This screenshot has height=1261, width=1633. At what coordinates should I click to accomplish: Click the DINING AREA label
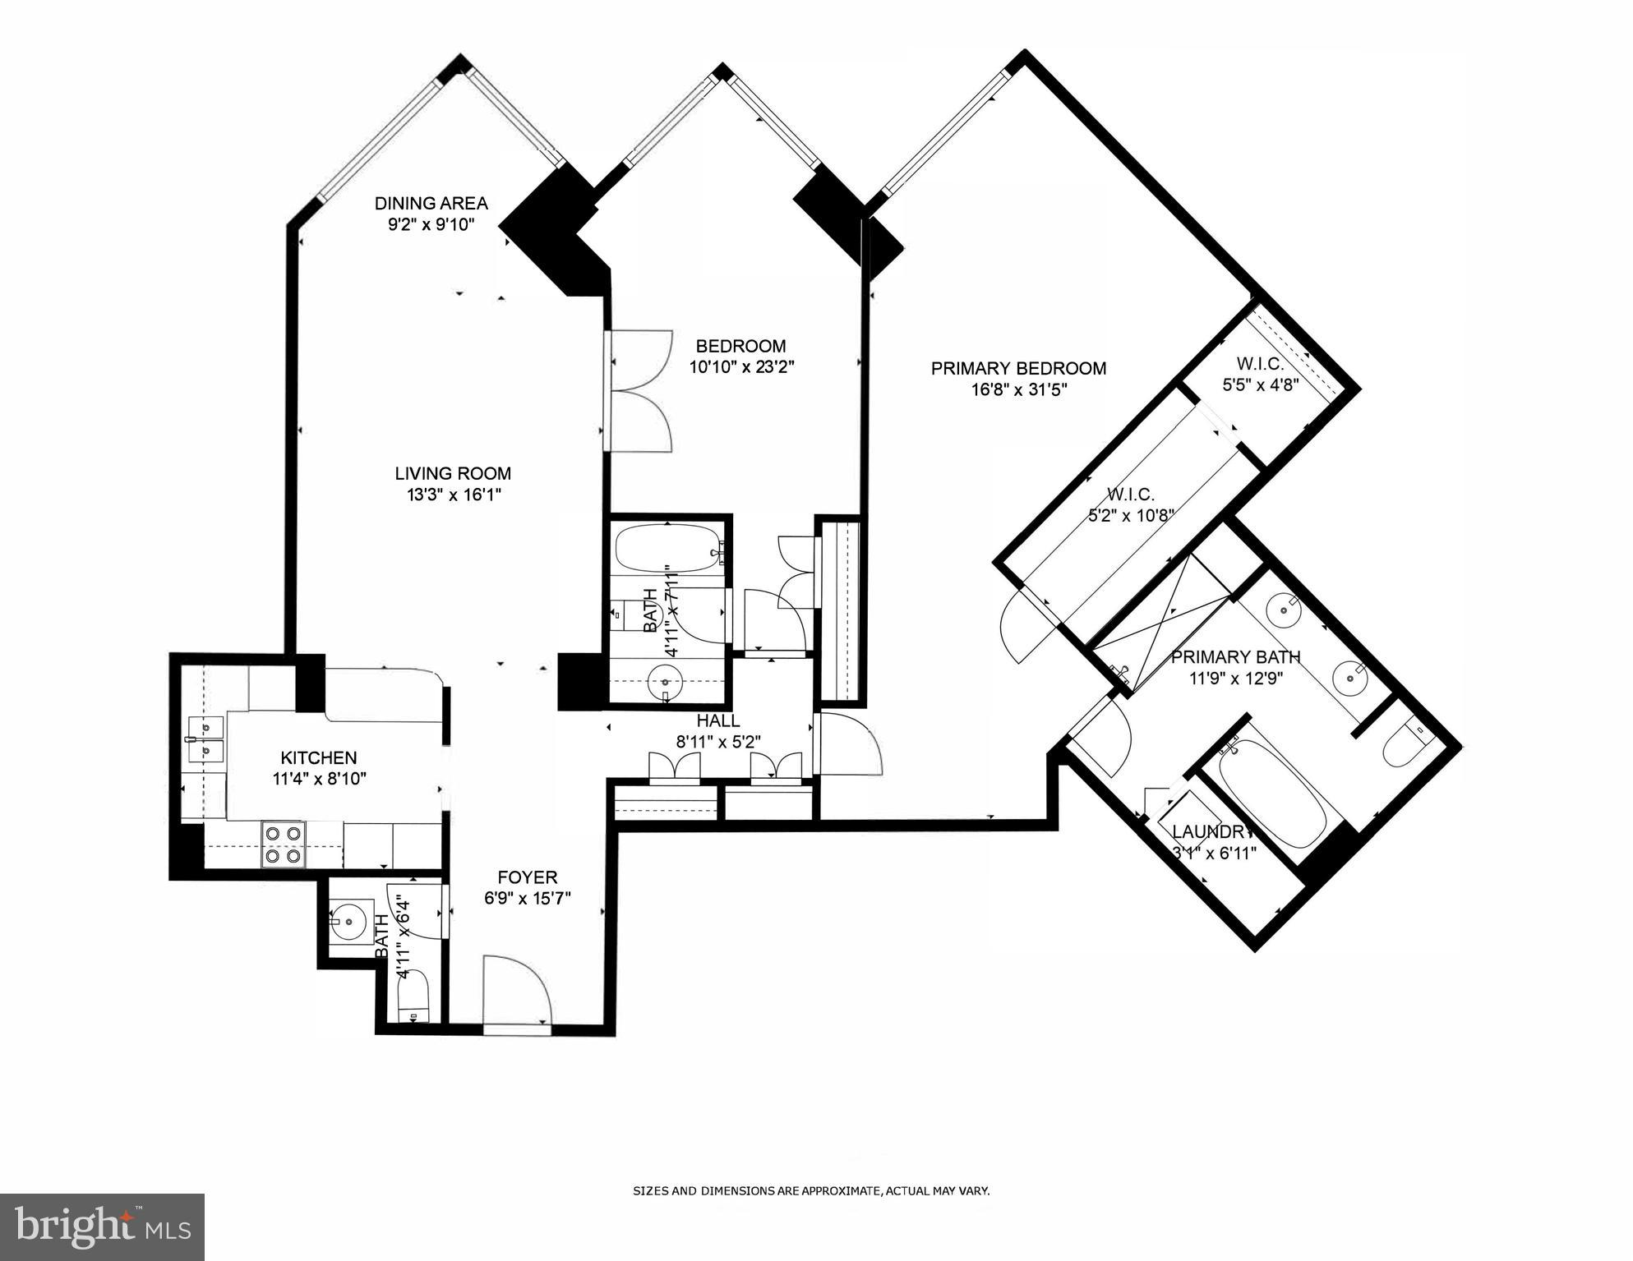pyautogui.click(x=431, y=204)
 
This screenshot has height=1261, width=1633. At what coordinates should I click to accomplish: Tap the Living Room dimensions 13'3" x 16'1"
pyautogui.click(x=452, y=495)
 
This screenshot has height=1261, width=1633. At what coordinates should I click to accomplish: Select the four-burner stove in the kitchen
pyautogui.click(x=283, y=845)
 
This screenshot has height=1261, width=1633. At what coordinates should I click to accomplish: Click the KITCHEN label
pyautogui.click(x=319, y=757)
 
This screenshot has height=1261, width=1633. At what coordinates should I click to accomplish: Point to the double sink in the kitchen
pyautogui.click(x=205, y=739)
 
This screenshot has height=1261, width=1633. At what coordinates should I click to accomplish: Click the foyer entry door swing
pyautogui.click(x=516, y=989)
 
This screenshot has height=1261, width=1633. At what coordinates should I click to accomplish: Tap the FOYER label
pyautogui.click(x=527, y=877)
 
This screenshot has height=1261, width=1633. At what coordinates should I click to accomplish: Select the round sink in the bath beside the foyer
pyautogui.click(x=350, y=922)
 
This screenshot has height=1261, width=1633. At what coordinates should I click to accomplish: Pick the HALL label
pyautogui.click(x=718, y=720)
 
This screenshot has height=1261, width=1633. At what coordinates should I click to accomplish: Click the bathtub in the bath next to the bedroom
pyautogui.click(x=667, y=549)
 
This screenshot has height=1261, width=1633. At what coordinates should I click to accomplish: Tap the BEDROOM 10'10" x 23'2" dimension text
pyautogui.click(x=741, y=367)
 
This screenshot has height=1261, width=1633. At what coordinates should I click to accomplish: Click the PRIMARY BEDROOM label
pyautogui.click(x=1017, y=368)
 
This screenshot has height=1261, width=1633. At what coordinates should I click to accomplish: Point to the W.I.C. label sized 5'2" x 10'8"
pyautogui.click(x=1130, y=515)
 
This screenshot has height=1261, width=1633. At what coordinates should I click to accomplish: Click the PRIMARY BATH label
pyautogui.click(x=1235, y=657)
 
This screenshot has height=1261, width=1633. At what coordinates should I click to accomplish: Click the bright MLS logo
pyautogui.click(x=103, y=1226)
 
